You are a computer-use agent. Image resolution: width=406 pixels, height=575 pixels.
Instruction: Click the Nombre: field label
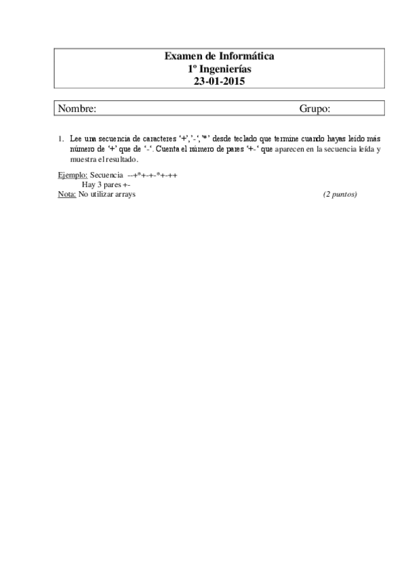coord(77,108)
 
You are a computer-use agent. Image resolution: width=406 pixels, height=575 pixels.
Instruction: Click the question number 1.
coord(60,139)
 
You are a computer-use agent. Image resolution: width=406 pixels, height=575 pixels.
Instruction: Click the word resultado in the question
coord(121,159)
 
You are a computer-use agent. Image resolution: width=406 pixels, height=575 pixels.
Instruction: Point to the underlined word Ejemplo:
coord(73,174)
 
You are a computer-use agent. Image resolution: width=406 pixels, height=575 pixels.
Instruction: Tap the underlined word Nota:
coord(67,195)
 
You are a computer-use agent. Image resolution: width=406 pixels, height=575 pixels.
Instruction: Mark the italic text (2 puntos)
coord(340,195)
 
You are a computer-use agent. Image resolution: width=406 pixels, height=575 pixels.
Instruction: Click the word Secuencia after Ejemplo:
coord(106,174)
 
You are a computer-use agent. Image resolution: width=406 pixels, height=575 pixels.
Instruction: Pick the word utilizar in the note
coord(100,195)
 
